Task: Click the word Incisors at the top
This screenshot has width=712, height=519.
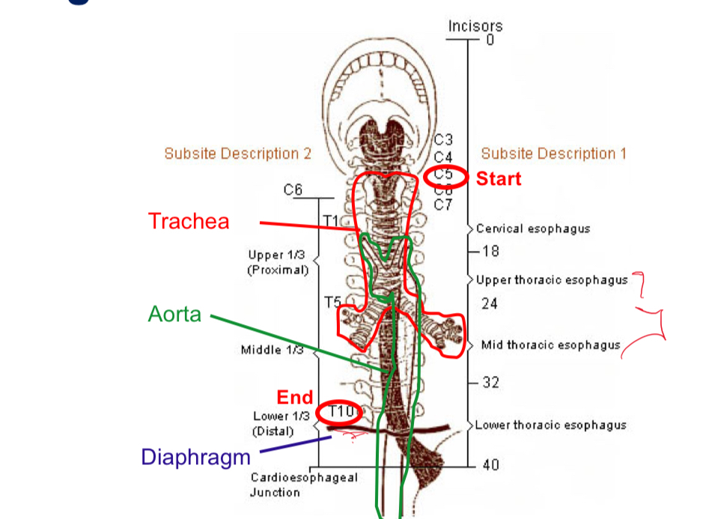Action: click(x=475, y=25)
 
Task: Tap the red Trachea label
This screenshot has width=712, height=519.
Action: click(x=189, y=221)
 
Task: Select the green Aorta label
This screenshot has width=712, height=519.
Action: click(x=174, y=314)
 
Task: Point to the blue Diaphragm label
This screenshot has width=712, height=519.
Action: click(x=196, y=456)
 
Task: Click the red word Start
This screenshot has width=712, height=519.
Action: click(x=499, y=179)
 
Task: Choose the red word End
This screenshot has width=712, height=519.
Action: click(x=294, y=397)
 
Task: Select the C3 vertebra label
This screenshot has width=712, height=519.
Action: click(x=443, y=140)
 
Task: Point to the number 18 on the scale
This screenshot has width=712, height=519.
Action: click(x=490, y=250)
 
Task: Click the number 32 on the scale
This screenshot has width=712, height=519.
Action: click(x=490, y=383)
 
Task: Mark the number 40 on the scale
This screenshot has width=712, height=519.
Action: click(x=490, y=465)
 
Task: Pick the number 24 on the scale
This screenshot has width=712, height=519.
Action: click(x=490, y=303)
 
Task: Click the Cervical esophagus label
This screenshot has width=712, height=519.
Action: click(x=533, y=228)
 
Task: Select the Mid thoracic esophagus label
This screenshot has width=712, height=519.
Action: click(x=551, y=345)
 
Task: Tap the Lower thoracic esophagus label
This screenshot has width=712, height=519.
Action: click(x=551, y=425)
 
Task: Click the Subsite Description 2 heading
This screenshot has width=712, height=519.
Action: click(x=237, y=154)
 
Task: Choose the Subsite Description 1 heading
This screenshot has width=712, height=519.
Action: click(x=553, y=154)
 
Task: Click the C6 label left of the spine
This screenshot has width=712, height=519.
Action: click(x=293, y=190)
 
